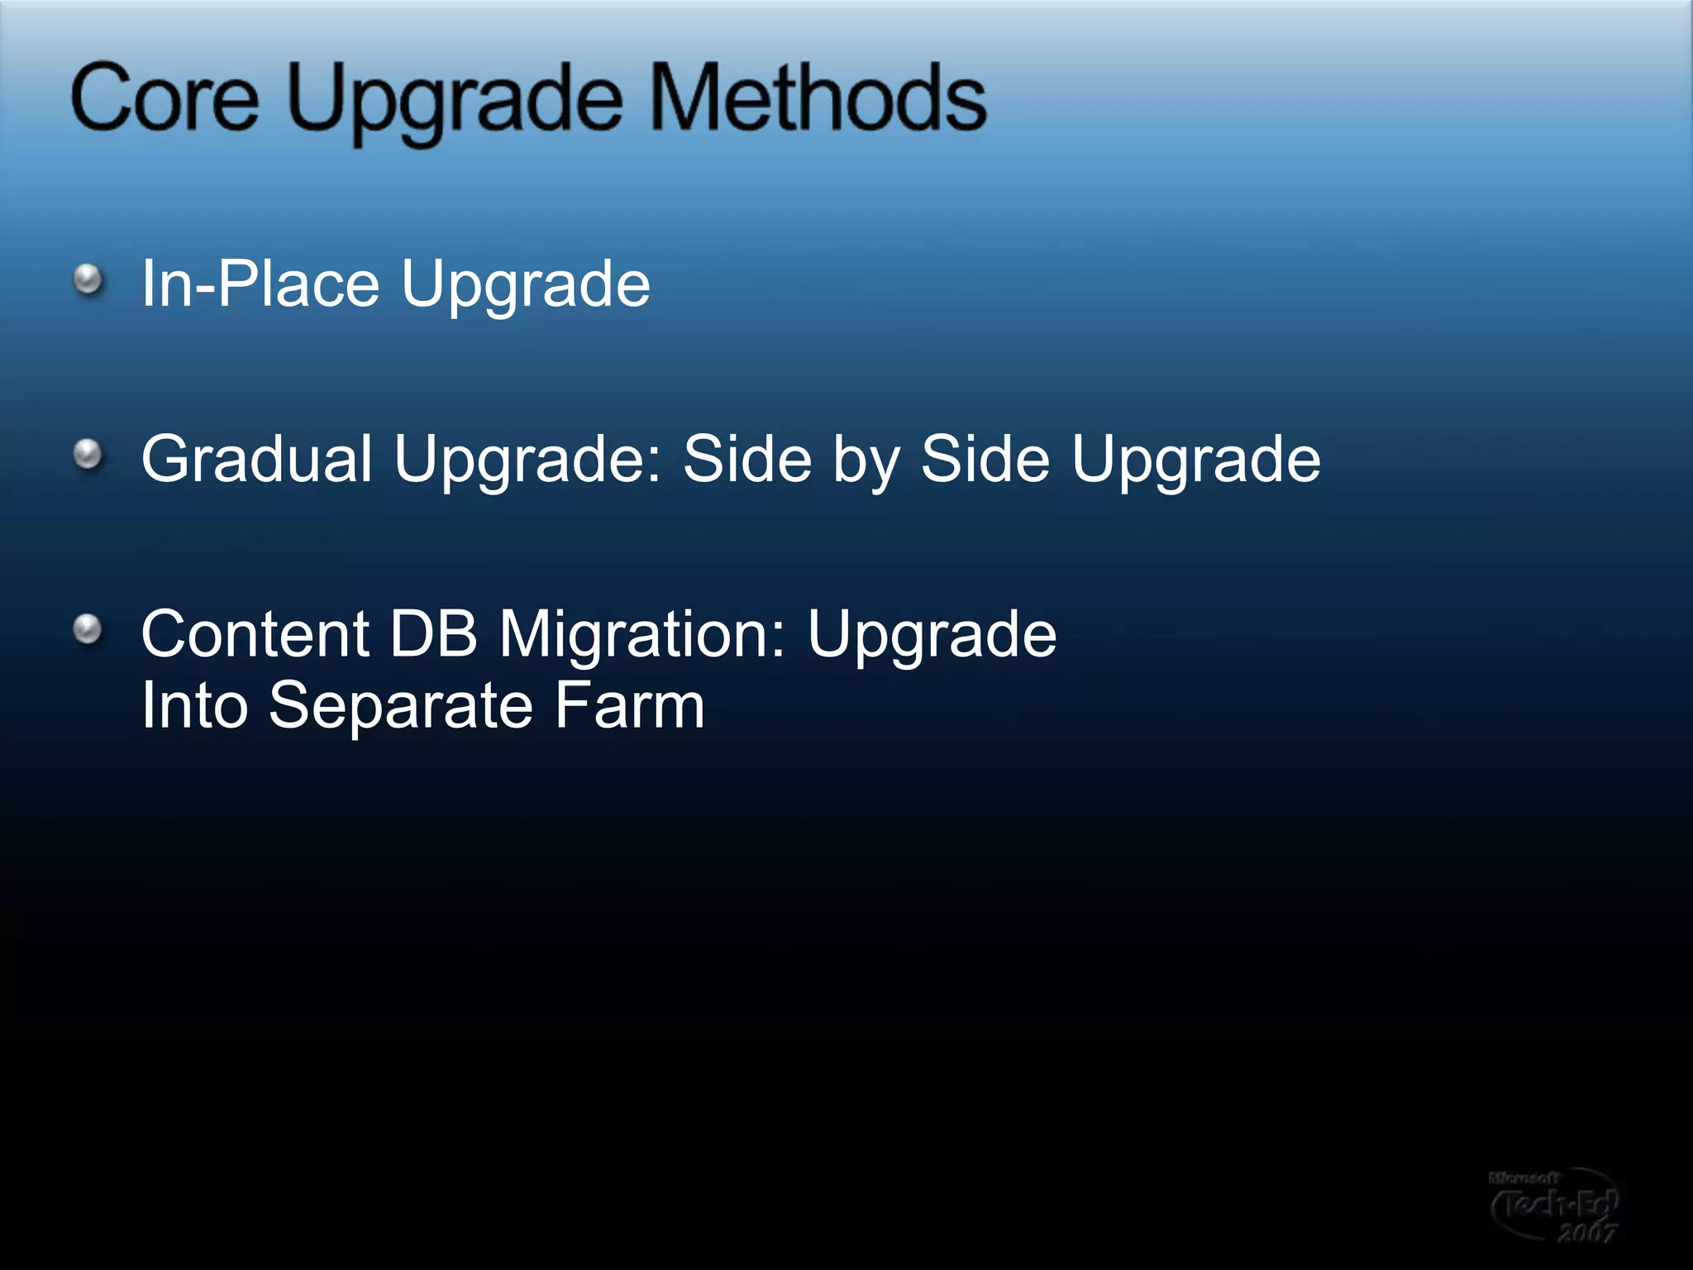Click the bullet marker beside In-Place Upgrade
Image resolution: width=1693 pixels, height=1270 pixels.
88,279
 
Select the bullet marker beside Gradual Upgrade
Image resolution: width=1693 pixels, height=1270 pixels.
88,455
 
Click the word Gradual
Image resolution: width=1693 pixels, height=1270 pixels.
256,459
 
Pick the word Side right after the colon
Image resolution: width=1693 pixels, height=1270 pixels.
747,459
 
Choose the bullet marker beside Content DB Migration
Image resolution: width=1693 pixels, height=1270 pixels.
88,630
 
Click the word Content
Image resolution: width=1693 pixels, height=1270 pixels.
255,634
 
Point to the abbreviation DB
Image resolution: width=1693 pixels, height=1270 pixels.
433,634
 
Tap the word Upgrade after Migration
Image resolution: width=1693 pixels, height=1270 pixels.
932,637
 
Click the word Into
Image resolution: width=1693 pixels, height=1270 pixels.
194,705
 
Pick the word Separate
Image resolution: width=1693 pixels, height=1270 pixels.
400,707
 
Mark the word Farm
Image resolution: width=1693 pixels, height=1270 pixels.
629,705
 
